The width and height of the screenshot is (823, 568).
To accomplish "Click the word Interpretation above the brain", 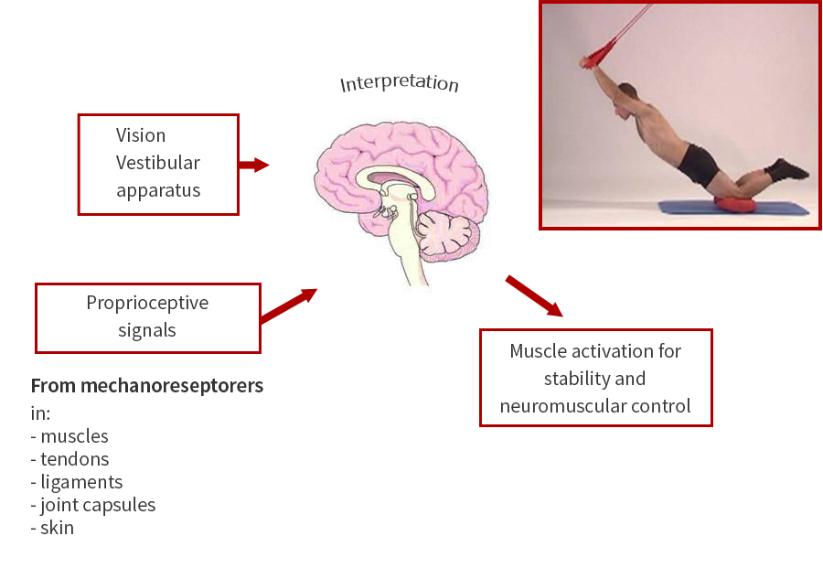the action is (400, 83).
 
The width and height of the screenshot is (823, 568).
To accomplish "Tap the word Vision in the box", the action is (141, 135).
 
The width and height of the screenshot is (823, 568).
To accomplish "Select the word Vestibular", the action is (158, 163).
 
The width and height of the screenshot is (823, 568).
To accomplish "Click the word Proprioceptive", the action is (147, 303).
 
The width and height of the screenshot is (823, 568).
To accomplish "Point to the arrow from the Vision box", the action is (254, 165).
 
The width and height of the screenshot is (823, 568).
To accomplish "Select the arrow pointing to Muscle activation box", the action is (534, 296).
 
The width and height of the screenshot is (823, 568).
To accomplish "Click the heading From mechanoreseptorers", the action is (147, 386).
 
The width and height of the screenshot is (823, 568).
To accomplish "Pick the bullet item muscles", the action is (69, 436).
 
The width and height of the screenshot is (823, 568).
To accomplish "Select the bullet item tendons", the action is (69, 459).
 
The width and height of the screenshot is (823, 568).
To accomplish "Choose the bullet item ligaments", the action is (77, 482).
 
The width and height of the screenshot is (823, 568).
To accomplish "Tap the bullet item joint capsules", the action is (93, 506).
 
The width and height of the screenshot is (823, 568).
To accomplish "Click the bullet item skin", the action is (52, 528).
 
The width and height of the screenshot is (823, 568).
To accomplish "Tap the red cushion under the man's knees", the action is (735, 204).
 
